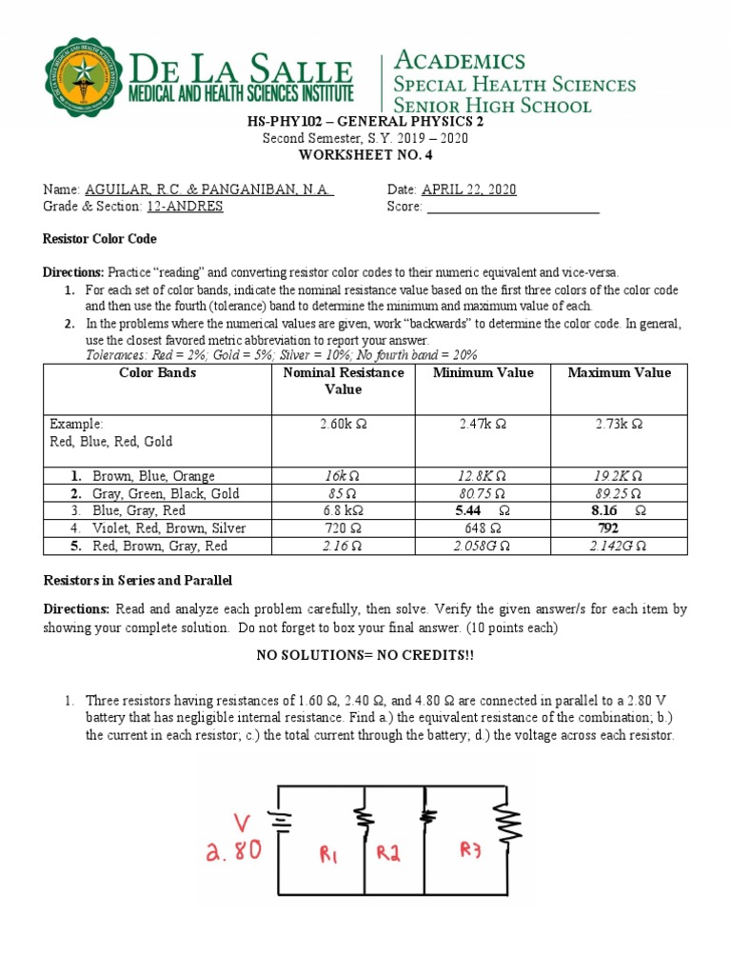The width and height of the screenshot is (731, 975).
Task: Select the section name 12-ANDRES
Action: [185, 207]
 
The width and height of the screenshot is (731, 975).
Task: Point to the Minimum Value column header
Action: [484, 373]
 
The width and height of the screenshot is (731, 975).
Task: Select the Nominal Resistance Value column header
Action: [344, 381]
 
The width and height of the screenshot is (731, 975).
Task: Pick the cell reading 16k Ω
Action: [344, 476]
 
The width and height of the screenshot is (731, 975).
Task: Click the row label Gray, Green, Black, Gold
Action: [166, 494]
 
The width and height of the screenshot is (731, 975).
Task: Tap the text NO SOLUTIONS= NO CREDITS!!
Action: [365, 656]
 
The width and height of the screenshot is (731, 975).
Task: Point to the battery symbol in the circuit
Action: [280, 819]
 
